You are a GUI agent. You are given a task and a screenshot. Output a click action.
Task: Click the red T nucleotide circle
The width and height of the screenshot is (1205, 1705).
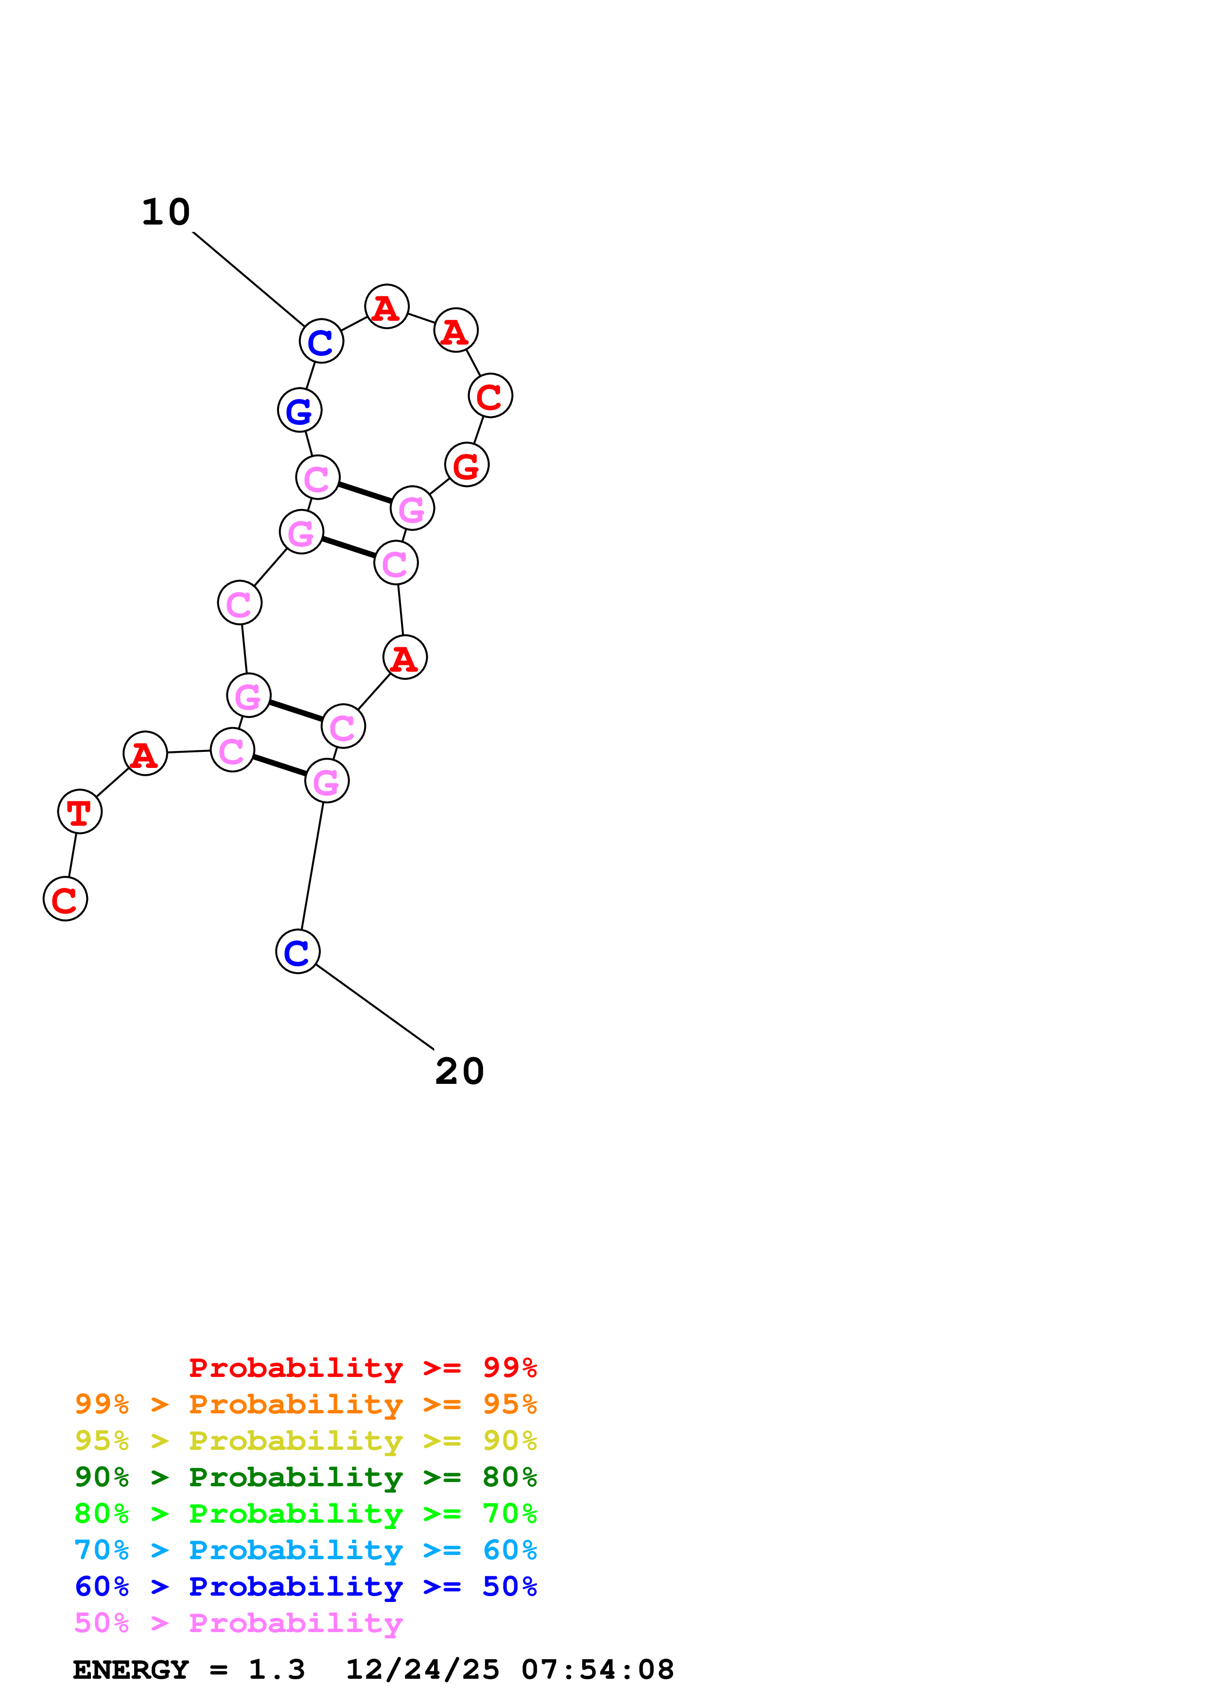tap(79, 812)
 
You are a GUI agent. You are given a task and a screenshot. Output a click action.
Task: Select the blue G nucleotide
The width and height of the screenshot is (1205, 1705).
tap(299, 410)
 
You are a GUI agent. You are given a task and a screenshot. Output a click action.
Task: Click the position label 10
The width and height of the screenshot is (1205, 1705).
tap(166, 212)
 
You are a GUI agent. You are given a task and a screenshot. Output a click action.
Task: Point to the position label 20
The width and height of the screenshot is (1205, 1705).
tap(459, 1072)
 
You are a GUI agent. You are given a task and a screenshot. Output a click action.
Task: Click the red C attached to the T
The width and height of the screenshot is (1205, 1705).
tap(65, 899)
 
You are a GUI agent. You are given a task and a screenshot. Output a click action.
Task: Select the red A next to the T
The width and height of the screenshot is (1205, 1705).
tap(145, 754)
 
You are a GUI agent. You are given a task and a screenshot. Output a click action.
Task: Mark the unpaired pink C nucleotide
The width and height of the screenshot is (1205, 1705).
tap(239, 603)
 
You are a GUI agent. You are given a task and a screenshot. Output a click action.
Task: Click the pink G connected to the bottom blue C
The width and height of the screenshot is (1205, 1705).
tap(327, 781)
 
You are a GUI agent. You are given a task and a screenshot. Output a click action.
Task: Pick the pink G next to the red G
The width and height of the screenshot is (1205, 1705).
tap(412, 509)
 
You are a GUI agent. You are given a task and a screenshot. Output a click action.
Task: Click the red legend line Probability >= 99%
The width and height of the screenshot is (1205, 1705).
tap(362, 1368)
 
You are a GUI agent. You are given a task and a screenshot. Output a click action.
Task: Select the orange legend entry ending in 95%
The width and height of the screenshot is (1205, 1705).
tap(305, 1404)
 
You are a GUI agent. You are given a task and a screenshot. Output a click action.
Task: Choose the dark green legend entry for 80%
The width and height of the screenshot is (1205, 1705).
tap(305, 1477)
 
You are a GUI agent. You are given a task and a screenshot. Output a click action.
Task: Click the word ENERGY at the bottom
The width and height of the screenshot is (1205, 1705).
tap(131, 1670)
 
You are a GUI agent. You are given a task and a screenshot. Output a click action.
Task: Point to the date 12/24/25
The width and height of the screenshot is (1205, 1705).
tap(422, 1670)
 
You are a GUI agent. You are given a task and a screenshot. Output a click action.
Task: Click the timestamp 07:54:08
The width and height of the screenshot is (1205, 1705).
tap(598, 1670)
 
